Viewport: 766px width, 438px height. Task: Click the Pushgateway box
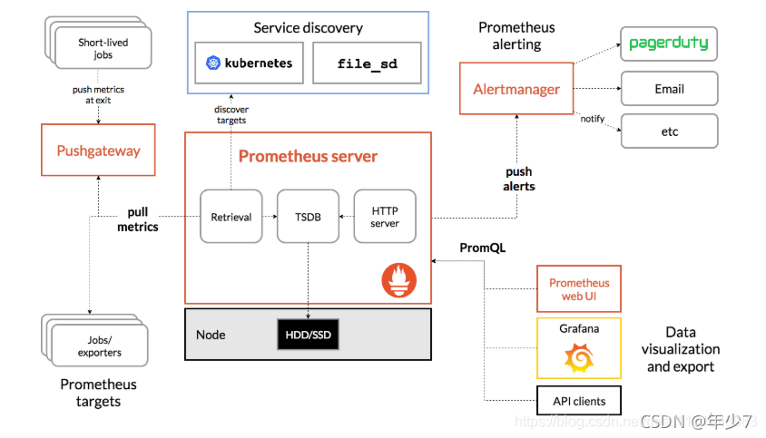(x=98, y=151)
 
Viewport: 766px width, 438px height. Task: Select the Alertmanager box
(x=516, y=89)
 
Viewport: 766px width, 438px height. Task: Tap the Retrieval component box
(x=231, y=217)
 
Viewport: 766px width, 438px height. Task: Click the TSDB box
(x=308, y=217)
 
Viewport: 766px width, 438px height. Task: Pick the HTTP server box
(x=385, y=217)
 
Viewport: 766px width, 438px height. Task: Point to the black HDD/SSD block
(x=309, y=335)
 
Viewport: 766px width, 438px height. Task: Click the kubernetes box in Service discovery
(x=248, y=64)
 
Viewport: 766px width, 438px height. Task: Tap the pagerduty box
(x=669, y=44)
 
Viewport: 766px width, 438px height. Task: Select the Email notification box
(x=669, y=89)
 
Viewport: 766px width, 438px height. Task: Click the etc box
(x=669, y=131)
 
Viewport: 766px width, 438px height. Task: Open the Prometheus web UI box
(x=579, y=289)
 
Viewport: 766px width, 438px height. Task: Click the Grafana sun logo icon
(x=579, y=360)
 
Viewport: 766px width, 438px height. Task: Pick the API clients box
(x=579, y=400)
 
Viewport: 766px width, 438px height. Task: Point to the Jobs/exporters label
(x=99, y=346)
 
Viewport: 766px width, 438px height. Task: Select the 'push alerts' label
(x=519, y=179)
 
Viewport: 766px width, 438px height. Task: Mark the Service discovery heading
(x=308, y=28)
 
